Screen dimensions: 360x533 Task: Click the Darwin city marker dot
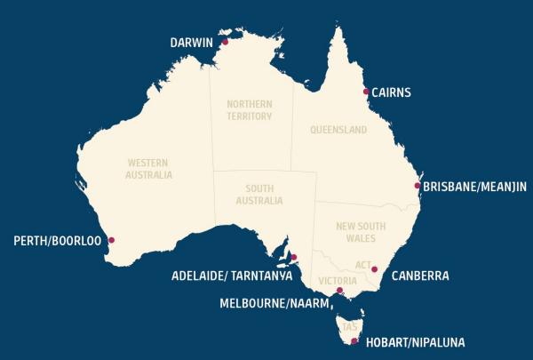click(225, 42)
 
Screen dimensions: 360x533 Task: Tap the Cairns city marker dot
click(366, 92)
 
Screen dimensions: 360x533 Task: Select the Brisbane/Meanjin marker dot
click(418, 186)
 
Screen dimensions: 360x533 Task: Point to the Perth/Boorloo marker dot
click(111, 240)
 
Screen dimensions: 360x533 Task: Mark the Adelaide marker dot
click(294, 259)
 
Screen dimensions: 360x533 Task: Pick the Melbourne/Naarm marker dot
click(339, 290)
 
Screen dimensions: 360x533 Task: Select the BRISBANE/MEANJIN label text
click(474, 187)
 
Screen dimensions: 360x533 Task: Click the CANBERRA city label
click(420, 276)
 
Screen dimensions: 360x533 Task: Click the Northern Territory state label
click(250, 109)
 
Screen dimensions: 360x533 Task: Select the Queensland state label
click(338, 130)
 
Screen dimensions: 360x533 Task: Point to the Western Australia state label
click(149, 169)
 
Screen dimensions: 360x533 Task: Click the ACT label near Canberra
click(362, 265)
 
